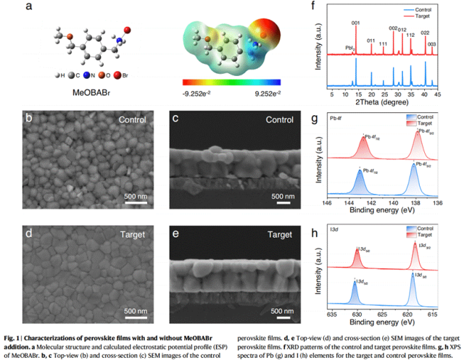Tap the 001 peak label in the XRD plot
tap(355, 23)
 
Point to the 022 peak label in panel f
tap(425, 33)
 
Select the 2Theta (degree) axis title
tap(389, 103)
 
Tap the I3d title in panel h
tap(334, 233)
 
